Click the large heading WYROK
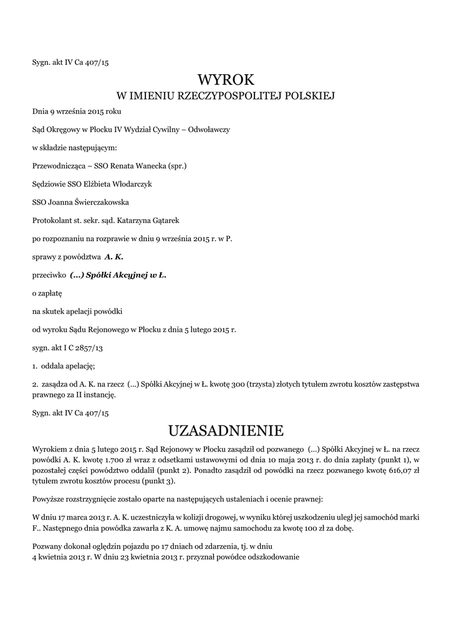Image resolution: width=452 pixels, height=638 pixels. coord(226,80)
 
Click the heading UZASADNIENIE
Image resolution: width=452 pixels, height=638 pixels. coord(226,431)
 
